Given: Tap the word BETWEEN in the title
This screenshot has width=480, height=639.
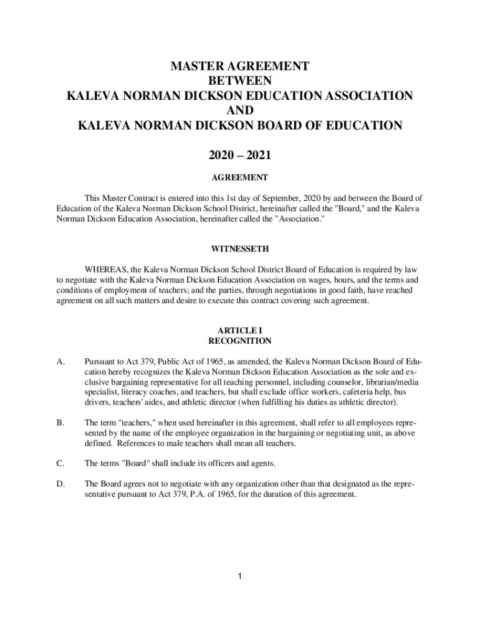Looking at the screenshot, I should click(x=240, y=80).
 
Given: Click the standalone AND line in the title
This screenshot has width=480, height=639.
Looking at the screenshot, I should click(x=240, y=110).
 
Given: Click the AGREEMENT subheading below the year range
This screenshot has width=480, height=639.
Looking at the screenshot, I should click(x=240, y=178).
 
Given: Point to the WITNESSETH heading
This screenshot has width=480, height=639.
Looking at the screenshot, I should click(x=240, y=249).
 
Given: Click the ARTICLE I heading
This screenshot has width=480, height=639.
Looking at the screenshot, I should click(x=240, y=330).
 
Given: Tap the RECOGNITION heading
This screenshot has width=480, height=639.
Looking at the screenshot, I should click(x=240, y=341).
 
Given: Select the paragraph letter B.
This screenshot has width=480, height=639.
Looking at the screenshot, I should click(x=60, y=422).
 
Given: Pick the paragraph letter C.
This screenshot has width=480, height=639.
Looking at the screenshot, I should click(x=60, y=463).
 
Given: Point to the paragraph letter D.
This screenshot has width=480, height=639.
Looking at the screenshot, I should click(x=60, y=484).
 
